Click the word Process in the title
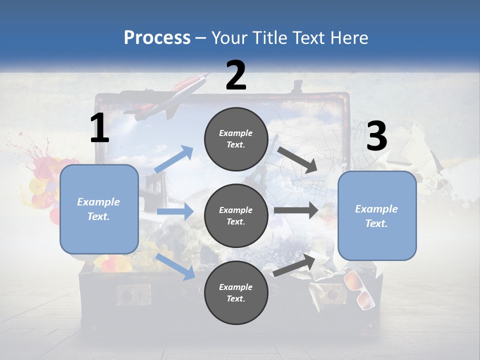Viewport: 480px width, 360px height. tap(157, 38)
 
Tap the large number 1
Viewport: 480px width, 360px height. tap(99, 128)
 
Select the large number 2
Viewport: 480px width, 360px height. tap(236, 75)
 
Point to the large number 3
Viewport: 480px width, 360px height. tap(376, 136)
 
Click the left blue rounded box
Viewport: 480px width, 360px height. tap(99, 209)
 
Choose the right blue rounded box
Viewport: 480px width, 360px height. tap(377, 215)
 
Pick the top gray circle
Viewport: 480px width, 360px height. tap(236, 139)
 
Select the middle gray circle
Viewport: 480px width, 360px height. tap(236, 215)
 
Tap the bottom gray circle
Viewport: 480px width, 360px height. tap(236, 292)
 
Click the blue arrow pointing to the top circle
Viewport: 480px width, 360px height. tap(174, 159)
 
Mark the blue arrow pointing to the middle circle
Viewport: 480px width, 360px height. tap(175, 211)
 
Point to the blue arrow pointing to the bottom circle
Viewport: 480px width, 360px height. tap(175, 266)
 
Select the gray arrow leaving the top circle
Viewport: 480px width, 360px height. tap(297, 160)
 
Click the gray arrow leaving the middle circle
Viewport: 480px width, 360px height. tap(296, 210)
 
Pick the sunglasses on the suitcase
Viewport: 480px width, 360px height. tap(359, 288)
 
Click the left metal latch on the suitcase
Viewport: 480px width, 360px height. tap(133, 295)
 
